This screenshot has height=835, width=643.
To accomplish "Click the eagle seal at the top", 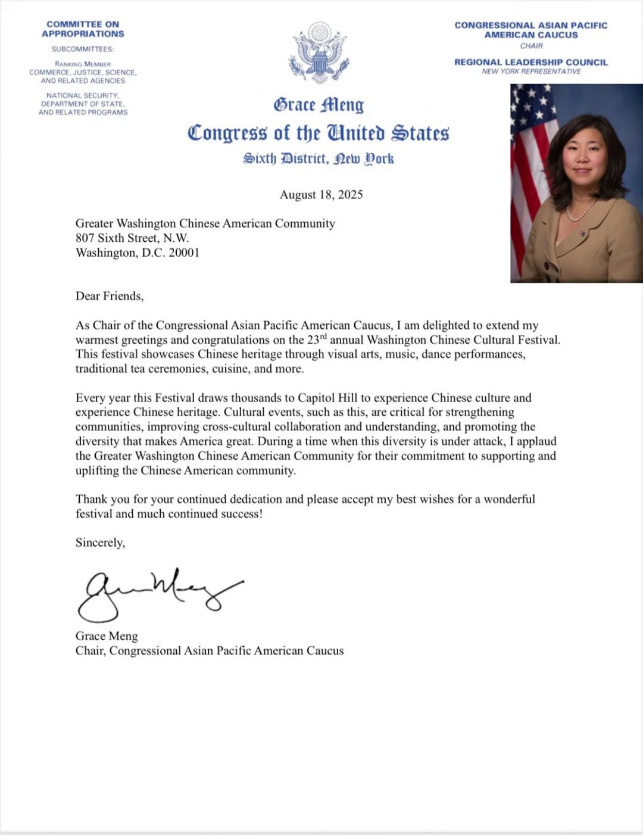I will pos(320,54).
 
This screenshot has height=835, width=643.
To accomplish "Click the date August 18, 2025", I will pos(321,195).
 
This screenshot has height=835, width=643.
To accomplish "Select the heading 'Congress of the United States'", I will pos(318,133).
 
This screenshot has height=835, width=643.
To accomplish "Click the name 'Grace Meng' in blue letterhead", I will pos(319,105).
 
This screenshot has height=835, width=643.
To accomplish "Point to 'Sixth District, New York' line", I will pos(319,159).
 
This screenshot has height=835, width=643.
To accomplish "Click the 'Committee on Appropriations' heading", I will pos(83,29).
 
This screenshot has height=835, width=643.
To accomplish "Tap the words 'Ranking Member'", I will pos(83,64).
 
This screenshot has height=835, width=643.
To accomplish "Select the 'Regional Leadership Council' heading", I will pos(531,62).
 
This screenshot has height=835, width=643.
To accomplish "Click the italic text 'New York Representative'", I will pos(531,71).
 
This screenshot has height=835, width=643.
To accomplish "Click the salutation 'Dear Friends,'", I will pos(110,296).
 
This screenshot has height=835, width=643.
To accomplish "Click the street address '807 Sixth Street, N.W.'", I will pos(132,238).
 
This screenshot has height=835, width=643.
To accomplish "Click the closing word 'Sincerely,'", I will pos(100,543).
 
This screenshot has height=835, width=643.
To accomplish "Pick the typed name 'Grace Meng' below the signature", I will pos(107,636).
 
